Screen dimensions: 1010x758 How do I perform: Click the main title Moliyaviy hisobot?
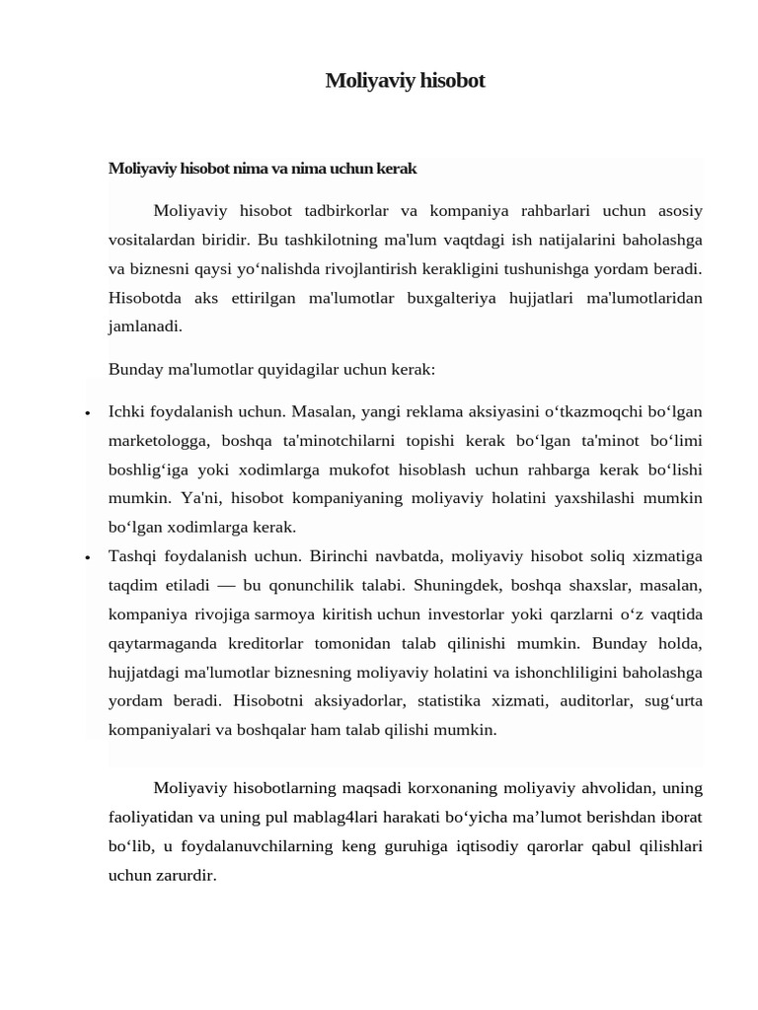point(405,81)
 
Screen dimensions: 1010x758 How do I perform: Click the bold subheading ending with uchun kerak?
point(263,169)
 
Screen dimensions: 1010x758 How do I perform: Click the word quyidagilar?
point(293,370)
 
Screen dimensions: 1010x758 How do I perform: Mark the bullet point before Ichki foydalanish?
point(88,413)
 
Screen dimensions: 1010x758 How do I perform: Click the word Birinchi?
point(342,556)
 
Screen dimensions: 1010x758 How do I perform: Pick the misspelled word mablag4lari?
point(360,817)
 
